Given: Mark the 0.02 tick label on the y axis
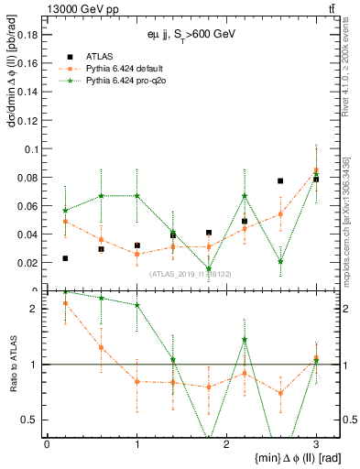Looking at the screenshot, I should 28,262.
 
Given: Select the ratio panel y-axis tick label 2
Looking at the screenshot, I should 34,309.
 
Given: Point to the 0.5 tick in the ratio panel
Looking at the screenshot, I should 30,420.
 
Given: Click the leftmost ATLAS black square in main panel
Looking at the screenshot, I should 65,258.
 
